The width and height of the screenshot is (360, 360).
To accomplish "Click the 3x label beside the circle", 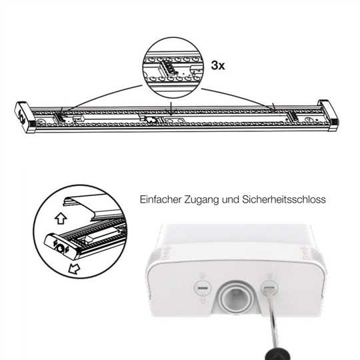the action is pos(218,65).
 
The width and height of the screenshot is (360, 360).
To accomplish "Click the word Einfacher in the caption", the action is pos(161,199).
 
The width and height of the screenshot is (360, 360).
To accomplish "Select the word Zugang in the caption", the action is pos(201,200).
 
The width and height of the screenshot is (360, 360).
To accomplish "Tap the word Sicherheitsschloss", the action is pos(284,199).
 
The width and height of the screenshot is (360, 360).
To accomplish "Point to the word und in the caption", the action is pos(231,200).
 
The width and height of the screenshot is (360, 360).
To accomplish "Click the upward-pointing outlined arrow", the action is pos(61,218).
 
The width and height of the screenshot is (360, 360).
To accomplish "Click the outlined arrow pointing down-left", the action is pos(75,269).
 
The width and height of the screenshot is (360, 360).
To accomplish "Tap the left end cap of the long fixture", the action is pos(25,117).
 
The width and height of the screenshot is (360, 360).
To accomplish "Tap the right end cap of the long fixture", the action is pos(329,115).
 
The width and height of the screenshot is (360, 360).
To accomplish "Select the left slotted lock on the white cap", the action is pos(203,288).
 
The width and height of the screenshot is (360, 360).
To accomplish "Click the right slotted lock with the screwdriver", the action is pos(269,288).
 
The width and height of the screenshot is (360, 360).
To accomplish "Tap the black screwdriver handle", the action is pos(278,354).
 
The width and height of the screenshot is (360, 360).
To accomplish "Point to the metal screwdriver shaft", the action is pos(273,322).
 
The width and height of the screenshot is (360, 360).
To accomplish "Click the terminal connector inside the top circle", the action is pos(167,67).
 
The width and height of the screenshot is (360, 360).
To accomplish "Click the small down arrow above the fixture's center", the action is pos(171,109).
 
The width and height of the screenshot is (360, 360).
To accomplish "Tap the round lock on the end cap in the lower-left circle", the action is pos(60,248).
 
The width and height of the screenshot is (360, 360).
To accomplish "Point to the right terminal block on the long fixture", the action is pos(293,116).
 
